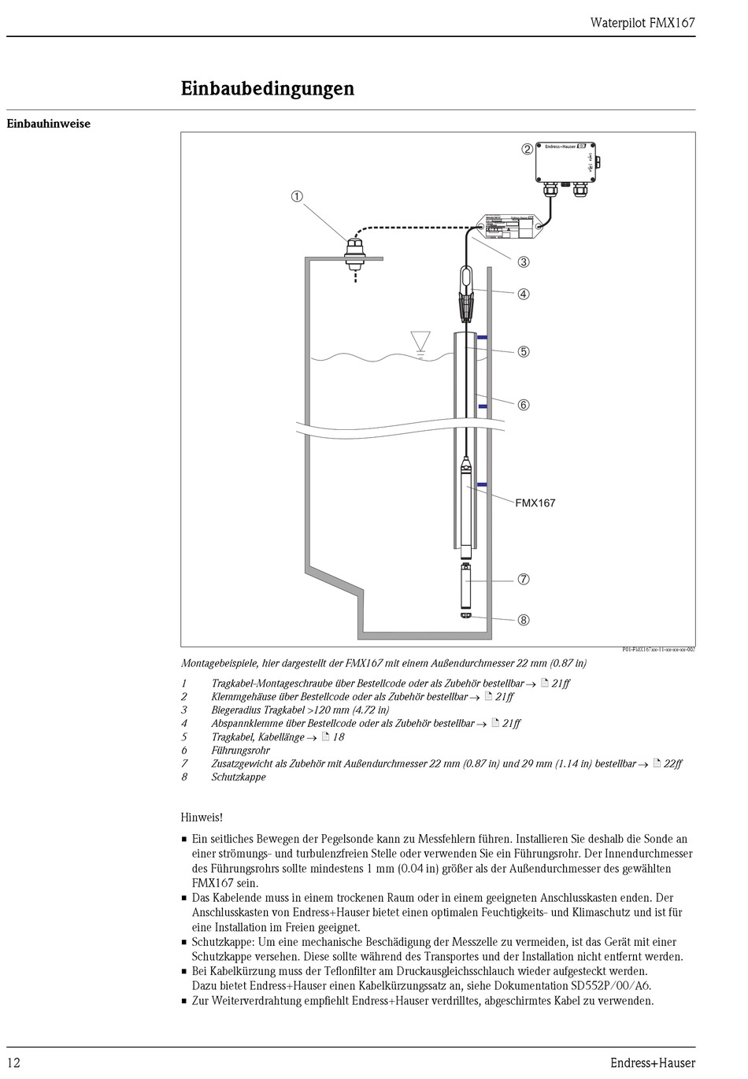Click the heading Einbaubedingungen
click(268, 88)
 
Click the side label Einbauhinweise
click(49, 124)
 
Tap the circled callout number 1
click(297, 197)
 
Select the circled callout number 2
click(527, 149)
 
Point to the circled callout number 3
click(524, 261)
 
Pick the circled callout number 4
click(524, 294)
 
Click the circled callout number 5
click(524, 351)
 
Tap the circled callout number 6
click(524, 405)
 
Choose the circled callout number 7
click(524, 579)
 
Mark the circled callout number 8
click(524, 620)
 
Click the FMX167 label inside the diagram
click(535, 502)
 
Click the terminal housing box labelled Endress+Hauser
click(565, 162)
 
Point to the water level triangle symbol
click(420, 341)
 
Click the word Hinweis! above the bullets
click(202, 818)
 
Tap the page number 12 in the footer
click(14, 1063)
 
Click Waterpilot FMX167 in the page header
click(642, 23)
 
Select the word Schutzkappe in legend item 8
click(239, 777)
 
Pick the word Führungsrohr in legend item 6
click(240, 751)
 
